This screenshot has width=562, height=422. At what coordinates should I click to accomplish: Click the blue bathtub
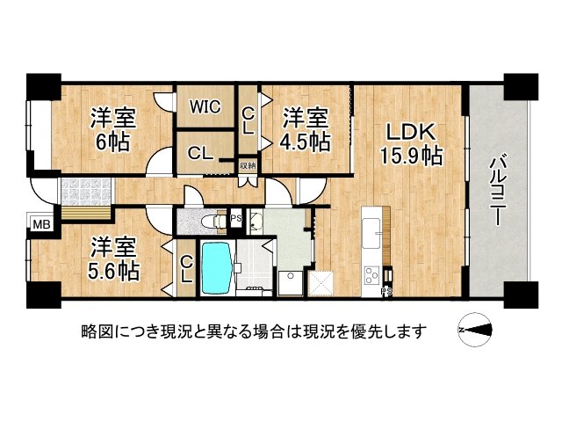[x=217, y=269]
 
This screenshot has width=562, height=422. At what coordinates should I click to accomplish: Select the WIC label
[x=205, y=107]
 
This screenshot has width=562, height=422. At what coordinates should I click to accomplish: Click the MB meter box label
[x=41, y=225]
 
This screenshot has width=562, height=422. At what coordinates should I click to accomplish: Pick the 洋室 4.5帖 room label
[x=305, y=128]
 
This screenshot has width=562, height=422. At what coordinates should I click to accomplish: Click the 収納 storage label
[x=249, y=165]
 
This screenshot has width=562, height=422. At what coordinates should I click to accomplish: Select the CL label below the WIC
[x=200, y=153]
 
